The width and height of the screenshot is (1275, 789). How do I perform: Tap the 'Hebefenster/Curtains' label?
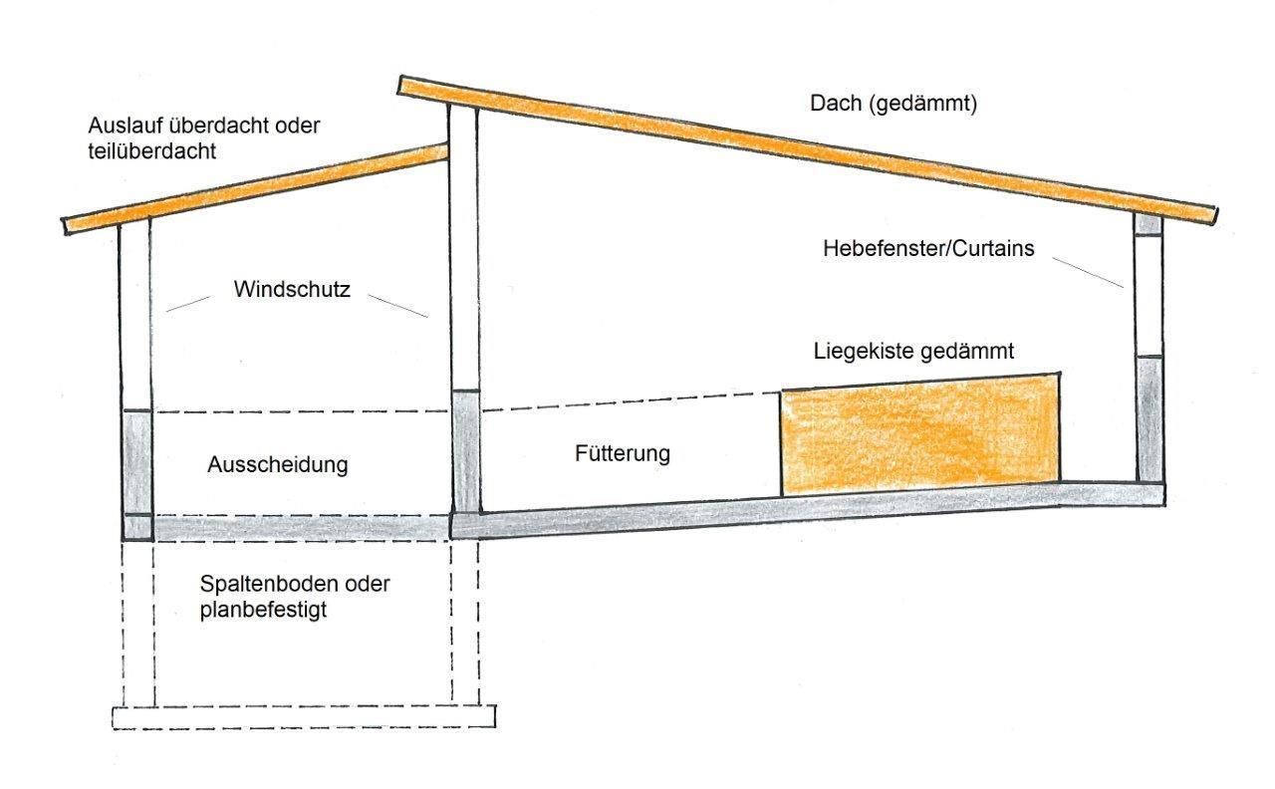(928, 248)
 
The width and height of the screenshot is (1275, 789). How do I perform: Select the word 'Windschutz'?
(292, 290)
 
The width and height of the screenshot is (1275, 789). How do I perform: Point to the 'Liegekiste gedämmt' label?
(913, 351)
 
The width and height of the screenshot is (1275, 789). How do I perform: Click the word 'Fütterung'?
(623, 453)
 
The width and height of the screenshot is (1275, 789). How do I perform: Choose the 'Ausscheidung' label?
(278, 464)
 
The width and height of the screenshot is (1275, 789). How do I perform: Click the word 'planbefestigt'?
(263, 608)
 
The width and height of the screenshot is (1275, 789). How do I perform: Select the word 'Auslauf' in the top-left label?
(120, 127)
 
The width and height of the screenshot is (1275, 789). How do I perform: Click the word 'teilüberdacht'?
(152, 150)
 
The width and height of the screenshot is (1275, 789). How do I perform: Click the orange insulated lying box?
(919, 434)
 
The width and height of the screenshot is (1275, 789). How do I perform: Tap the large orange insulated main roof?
(807, 148)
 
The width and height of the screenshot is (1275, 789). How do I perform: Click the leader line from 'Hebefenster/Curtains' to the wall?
(1089, 274)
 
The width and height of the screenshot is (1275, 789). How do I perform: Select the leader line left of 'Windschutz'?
(187, 304)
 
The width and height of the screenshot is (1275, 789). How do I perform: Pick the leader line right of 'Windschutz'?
(396, 304)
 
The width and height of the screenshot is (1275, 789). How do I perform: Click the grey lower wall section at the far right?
(1148, 418)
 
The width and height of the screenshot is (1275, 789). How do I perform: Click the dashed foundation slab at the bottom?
(303, 717)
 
